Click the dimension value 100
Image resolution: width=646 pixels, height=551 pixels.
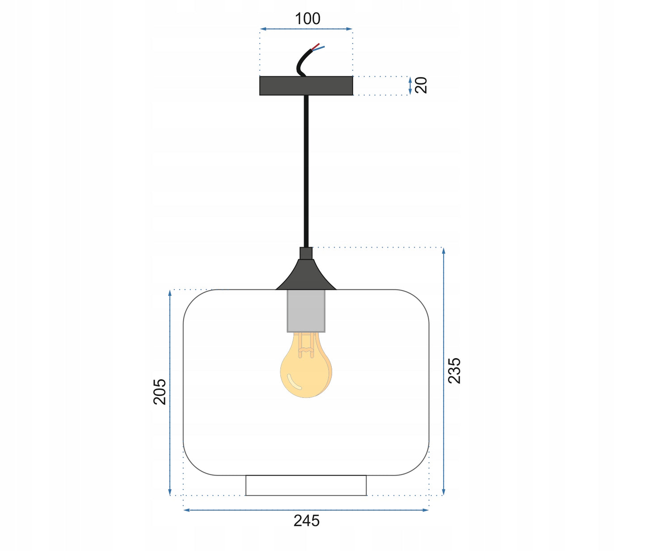coord(308,19)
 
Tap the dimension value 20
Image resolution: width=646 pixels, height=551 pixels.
coord(421,85)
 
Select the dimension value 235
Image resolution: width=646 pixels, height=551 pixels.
coord(454,371)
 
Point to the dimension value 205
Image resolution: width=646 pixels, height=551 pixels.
coord(160,392)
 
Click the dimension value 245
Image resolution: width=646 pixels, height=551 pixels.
coord(307,521)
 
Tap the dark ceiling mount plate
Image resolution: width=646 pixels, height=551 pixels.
coord(306,86)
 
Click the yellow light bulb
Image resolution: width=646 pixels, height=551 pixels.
coord(306,365)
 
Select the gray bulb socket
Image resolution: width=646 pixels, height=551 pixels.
coord(306,311)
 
